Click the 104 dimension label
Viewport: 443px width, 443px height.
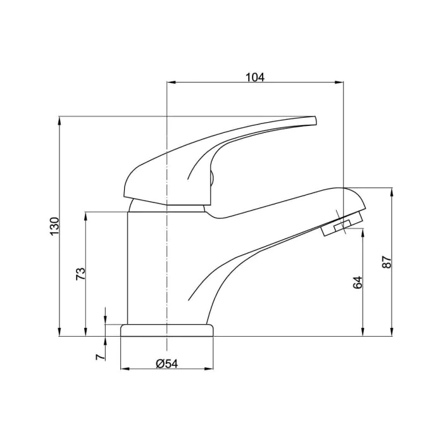255,77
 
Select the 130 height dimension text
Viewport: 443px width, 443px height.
54,226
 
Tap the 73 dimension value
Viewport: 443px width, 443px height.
80,274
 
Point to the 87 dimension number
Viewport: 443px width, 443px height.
387,261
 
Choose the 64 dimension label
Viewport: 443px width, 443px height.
358,282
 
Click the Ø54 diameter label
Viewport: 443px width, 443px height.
167,364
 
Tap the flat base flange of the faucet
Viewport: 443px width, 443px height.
167,330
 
